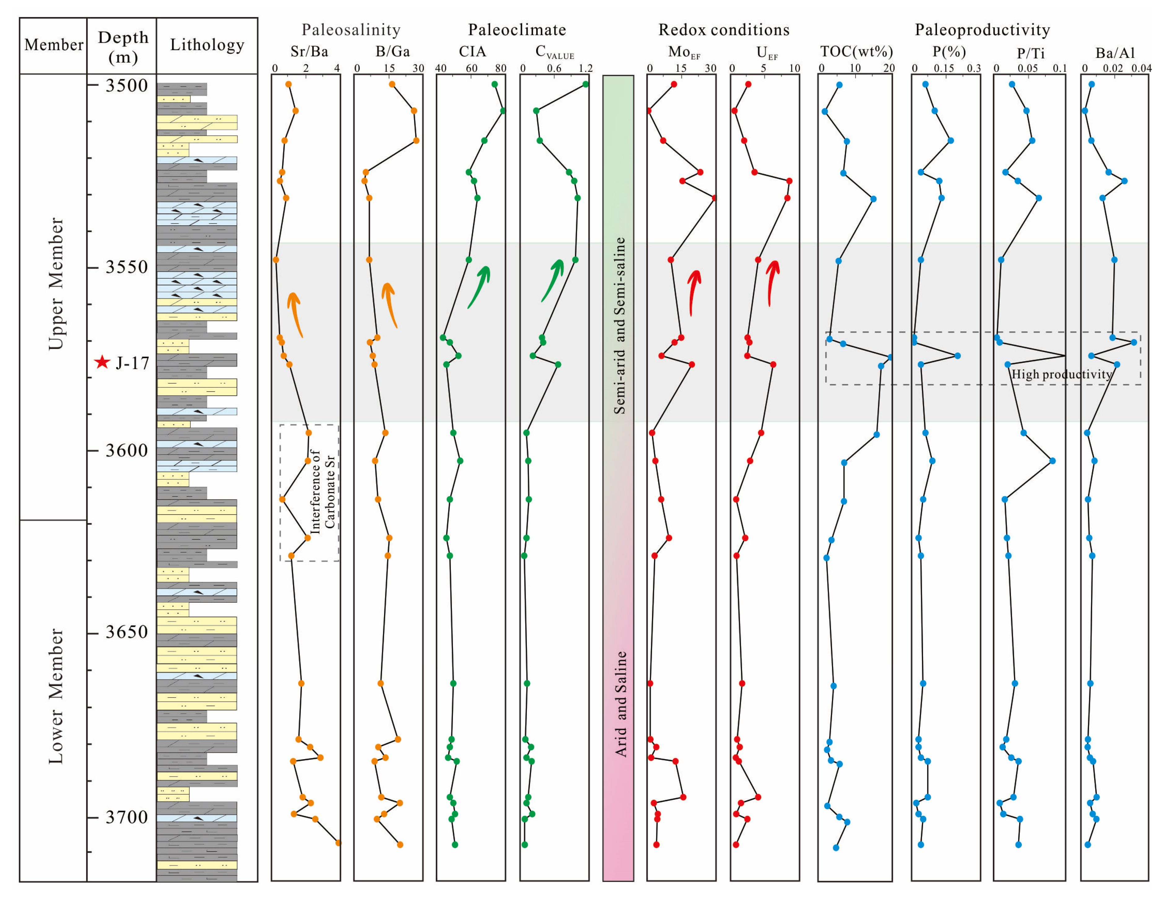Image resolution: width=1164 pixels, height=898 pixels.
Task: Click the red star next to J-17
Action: [x=102, y=363]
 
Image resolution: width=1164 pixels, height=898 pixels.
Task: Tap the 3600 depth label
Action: [x=126, y=451]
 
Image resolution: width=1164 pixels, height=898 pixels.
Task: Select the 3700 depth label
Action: [x=126, y=817]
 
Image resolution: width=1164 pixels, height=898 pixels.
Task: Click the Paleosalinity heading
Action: [x=351, y=30]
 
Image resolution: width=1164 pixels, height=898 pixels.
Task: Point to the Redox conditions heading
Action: [x=723, y=30]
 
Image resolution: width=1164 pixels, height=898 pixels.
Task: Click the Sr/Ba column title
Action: [x=309, y=52]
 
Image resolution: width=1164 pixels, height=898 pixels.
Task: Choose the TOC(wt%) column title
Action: [x=856, y=52]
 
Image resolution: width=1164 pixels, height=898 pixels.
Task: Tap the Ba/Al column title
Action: [x=1115, y=53]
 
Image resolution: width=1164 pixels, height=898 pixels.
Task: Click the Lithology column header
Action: [x=207, y=45]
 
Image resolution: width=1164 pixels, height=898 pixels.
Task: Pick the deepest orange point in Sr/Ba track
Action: [x=338, y=843]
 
